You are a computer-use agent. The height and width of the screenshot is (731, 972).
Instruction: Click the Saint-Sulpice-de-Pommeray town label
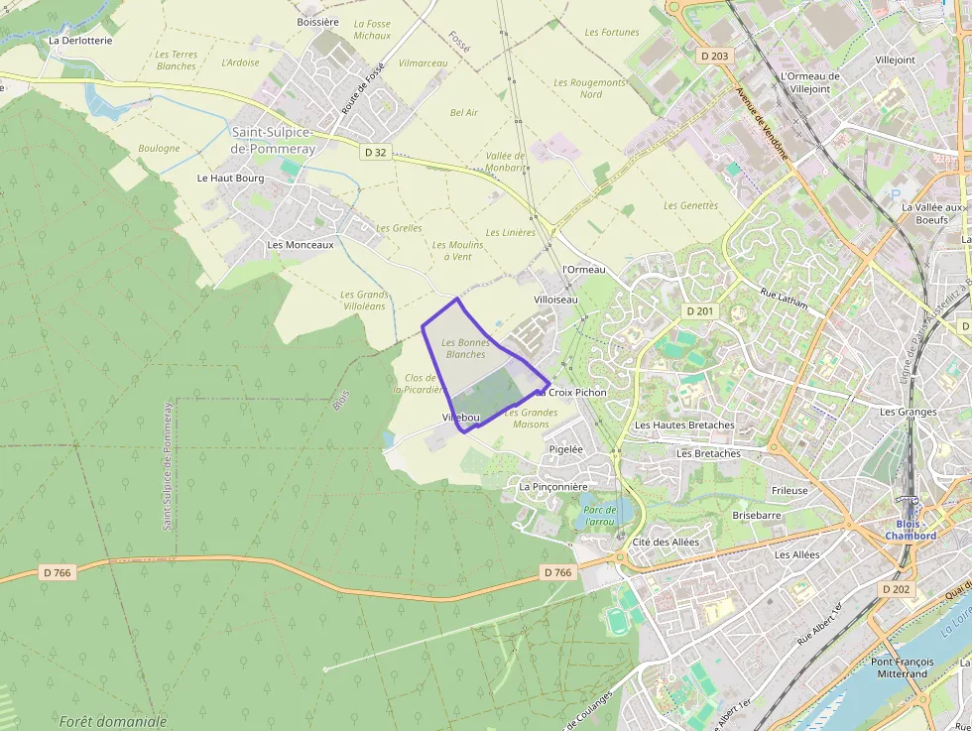pyautogui.click(x=273, y=140)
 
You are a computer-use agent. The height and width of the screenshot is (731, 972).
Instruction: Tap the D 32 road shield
pyautogui.click(x=375, y=152)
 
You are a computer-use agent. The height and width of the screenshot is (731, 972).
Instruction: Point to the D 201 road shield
pyautogui.click(x=699, y=311)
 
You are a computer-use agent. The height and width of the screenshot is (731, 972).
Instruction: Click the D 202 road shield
pyautogui.click(x=896, y=589)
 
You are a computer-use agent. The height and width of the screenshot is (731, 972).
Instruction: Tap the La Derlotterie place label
pyautogui.click(x=80, y=41)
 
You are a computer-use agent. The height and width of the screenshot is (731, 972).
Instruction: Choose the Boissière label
pyautogui.click(x=317, y=22)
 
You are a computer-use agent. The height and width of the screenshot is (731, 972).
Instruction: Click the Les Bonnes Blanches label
pyautogui.click(x=466, y=348)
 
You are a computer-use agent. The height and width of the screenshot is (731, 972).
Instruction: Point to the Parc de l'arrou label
pyautogui.click(x=600, y=516)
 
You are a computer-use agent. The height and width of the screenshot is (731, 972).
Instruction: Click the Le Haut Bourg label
pyautogui.click(x=230, y=179)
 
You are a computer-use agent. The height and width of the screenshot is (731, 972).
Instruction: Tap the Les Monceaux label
pyautogui.click(x=301, y=244)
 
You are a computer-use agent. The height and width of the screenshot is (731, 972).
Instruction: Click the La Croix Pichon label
pyautogui.click(x=572, y=393)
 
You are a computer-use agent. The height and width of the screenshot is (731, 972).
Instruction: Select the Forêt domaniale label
pyautogui.click(x=113, y=722)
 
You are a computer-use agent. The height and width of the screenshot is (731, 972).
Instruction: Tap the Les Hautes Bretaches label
pyautogui.click(x=684, y=426)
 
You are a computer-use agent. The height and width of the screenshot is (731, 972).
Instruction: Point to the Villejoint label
pyautogui.click(x=896, y=60)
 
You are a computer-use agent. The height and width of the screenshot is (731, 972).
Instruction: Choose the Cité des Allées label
pyautogui.click(x=666, y=543)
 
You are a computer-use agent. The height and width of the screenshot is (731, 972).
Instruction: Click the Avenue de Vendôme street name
pyautogui.click(x=762, y=124)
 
